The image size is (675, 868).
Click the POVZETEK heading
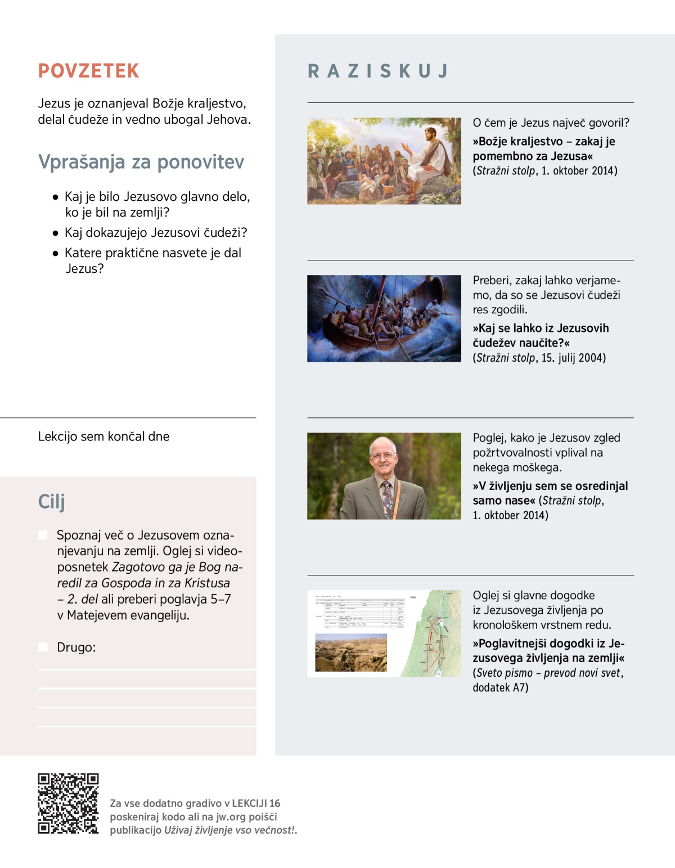tap(88, 71)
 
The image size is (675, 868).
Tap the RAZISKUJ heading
tap(378, 71)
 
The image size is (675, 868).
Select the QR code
tap(68, 803)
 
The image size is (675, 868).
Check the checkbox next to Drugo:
tap(43, 647)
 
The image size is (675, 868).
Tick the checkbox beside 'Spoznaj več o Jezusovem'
tap(43, 534)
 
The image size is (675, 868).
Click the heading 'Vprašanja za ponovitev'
tap(141, 162)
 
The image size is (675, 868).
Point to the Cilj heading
tap(51, 501)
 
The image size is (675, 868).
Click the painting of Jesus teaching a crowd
tap(384, 161)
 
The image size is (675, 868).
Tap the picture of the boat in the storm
tap(384, 318)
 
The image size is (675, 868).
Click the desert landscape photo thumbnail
tap(351, 653)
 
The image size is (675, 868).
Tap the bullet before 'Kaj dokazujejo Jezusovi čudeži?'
tap(55, 233)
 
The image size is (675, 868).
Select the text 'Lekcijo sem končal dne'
tap(103, 437)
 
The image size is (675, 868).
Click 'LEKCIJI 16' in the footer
tap(256, 803)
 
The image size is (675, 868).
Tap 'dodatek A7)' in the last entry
tap(500, 687)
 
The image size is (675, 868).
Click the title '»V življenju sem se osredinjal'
tap(550, 486)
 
